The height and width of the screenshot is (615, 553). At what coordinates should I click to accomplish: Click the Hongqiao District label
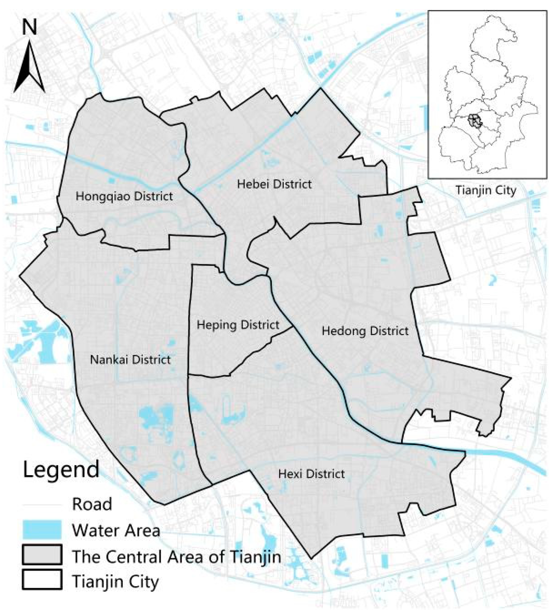pyautogui.click(x=124, y=196)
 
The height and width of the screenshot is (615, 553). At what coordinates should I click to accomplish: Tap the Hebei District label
pyautogui.click(x=274, y=184)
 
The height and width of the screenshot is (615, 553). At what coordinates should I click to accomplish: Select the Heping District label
pyautogui.click(x=238, y=325)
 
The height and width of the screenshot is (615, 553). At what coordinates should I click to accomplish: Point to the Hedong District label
pyautogui.click(x=365, y=331)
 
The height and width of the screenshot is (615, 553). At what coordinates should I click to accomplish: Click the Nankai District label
pyautogui.click(x=130, y=360)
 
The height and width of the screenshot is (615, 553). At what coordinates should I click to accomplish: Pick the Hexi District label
pyautogui.click(x=311, y=474)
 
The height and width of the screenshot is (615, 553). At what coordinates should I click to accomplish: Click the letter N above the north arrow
pyautogui.click(x=29, y=27)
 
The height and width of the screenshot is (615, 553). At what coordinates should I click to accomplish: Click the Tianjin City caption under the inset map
pyautogui.click(x=486, y=191)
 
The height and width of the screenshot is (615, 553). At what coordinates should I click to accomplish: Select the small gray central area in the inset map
pyautogui.click(x=473, y=120)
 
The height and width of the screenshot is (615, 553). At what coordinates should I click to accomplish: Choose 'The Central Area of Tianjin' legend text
pyautogui.click(x=176, y=557)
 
